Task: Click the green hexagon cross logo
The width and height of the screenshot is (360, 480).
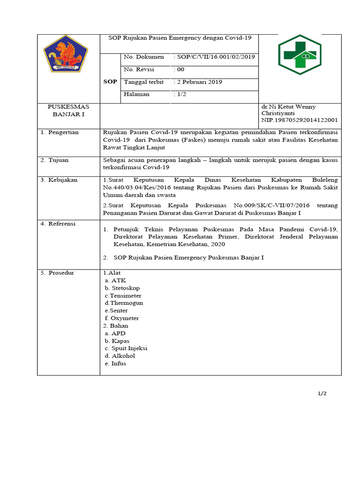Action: pyautogui.click(x=300, y=55)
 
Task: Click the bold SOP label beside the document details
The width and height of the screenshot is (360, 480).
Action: pyautogui.click(x=110, y=82)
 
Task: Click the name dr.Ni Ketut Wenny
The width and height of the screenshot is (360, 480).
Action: pyautogui.click(x=288, y=107)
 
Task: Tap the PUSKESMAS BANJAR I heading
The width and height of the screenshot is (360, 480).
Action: pyautogui.click(x=68, y=110)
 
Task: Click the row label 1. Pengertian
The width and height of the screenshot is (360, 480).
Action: pyautogui.click(x=60, y=133)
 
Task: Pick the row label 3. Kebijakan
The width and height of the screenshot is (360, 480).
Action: pyautogui.click(x=59, y=180)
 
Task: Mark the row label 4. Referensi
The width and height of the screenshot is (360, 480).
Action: pyautogui.click(x=58, y=224)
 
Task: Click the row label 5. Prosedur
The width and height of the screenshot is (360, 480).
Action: pyautogui.click(x=58, y=273)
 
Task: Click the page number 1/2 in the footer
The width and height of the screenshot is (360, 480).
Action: pyautogui.click(x=322, y=393)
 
